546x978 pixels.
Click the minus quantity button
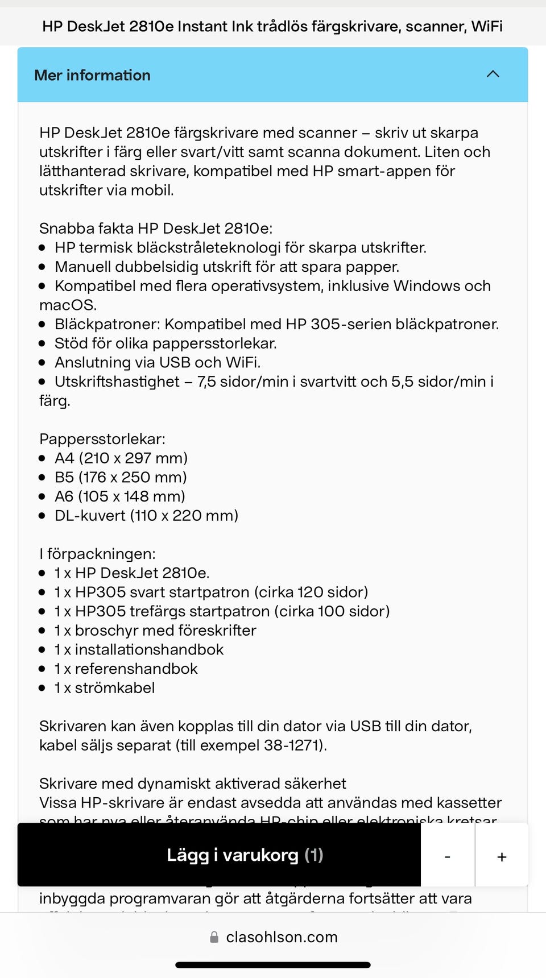coord(448,856)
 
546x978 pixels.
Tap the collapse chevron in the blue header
coord(493,74)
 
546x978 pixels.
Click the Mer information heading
coord(92,75)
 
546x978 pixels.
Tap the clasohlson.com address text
coord(282,937)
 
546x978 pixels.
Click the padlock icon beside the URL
coord(214,937)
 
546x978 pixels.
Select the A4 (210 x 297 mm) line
coord(121,458)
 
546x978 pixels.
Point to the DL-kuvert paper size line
coord(146,516)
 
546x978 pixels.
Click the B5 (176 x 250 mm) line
coord(121,478)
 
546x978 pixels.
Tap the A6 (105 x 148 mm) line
coord(120,496)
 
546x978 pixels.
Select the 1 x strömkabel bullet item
coord(105,688)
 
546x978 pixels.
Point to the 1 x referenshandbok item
coord(126,669)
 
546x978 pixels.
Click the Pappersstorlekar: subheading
coord(102,439)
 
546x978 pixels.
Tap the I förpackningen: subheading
coord(97,554)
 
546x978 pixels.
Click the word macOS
coord(68,305)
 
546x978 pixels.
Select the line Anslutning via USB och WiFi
coord(158,363)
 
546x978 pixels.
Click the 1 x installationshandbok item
coord(139,649)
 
